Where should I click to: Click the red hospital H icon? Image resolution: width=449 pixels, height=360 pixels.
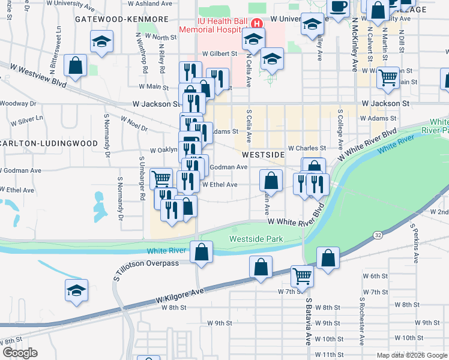tap(257, 24)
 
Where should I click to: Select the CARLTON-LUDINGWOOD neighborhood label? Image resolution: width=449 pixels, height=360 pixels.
tap(49, 143)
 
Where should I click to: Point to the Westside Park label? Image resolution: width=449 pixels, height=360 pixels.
tap(256, 239)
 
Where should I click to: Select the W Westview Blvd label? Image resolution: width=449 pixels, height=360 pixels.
tap(33, 79)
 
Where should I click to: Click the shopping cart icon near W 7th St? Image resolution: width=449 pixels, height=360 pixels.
tap(302, 275)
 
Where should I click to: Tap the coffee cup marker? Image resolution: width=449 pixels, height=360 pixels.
tap(339, 7)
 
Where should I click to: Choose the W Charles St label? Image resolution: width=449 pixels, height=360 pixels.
tap(307, 148)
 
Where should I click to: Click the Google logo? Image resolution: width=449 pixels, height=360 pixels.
tap(20, 353)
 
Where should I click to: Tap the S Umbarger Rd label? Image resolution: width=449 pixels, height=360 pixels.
tap(142, 181)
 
